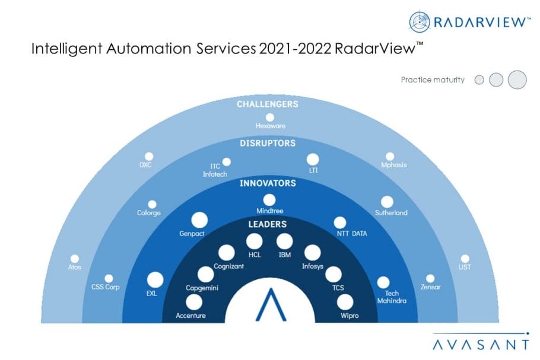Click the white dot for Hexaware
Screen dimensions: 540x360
click(x=270, y=117)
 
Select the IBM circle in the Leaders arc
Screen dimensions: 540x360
click(x=284, y=241)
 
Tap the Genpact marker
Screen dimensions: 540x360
click(x=199, y=220)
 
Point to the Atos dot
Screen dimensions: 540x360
click(x=75, y=259)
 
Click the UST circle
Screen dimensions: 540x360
click(x=465, y=259)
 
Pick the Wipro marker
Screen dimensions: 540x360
click(x=345, y=302)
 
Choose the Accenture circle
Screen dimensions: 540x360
click(x=194, y=302)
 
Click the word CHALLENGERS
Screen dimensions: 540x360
click(x=268, y=104)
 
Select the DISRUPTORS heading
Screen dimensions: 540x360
click(x=268, y=144)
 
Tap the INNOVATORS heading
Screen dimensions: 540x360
click(x=268, y=183)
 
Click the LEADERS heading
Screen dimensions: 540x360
click(x=268, y=224)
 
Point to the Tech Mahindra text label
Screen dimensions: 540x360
click(x=392, y=297)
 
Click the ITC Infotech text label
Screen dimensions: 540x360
click(x=215, y=170)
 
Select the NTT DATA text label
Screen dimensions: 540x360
click(x=352, y=234)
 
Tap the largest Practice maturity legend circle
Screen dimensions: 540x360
click(x=517, y=80)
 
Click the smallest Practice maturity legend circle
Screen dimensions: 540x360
click(x=479, y=80)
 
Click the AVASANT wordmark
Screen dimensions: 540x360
click(x=481, y=345)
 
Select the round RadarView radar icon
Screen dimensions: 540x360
click(x=420, y=22)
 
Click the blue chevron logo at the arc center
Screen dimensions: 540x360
click(x=271, y=305)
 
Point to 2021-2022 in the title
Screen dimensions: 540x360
click(x=295, y=49)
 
